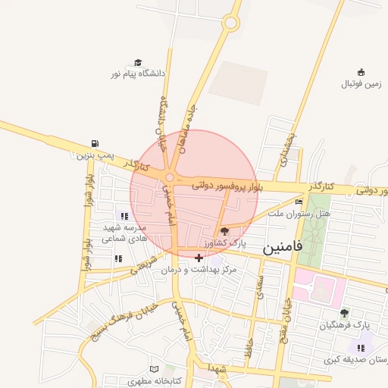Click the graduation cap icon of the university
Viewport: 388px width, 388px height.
(x=138, y=62)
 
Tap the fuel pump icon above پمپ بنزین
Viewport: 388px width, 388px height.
(x=95, y=143)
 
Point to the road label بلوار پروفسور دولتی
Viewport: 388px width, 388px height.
(x=227, y=185)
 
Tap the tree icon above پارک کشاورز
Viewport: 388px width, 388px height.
(x=224, y=231)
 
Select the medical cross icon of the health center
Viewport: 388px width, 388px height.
(x=199, y=258)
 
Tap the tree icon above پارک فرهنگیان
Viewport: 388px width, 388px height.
(x=344, y=312)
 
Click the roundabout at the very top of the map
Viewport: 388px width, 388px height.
(x=230, y=23)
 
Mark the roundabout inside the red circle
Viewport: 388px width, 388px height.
(x=170, y=177)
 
